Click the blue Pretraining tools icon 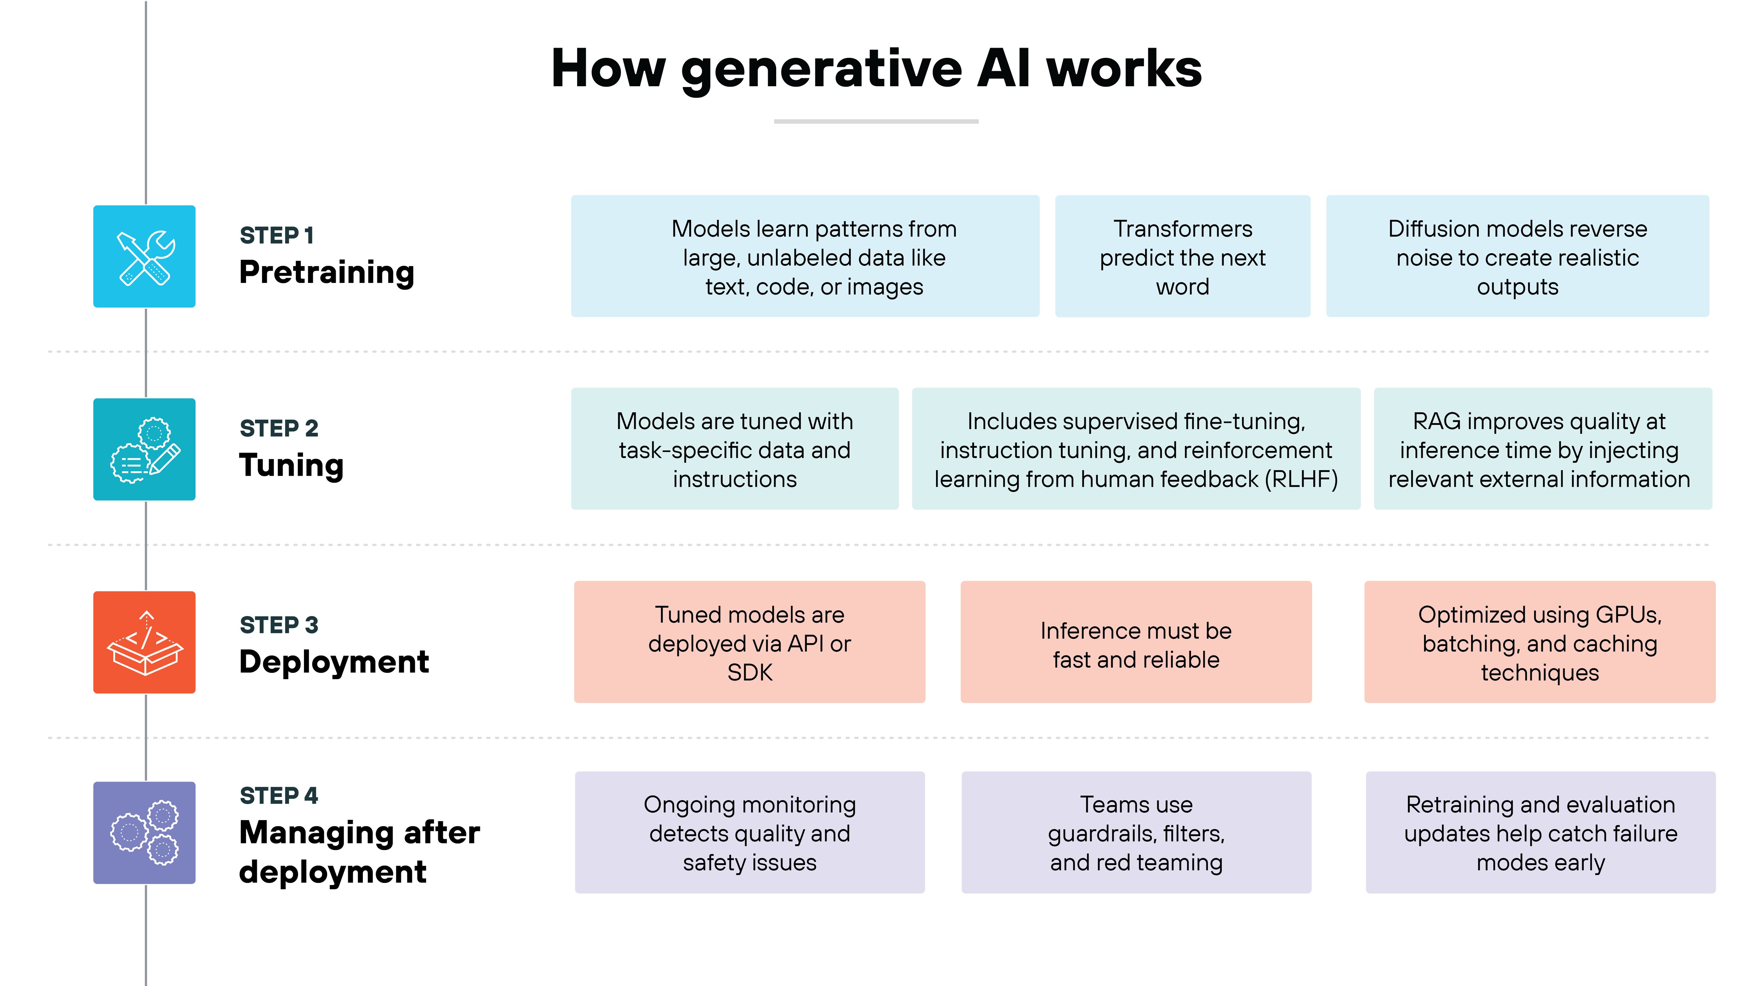(144, 257)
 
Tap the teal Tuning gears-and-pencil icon (144, 449)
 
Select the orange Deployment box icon (144, 642)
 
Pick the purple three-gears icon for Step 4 (144, 832)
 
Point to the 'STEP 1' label (276, 235)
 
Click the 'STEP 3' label (278, 625)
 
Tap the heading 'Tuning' (291, 465)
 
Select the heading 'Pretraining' (327, 272)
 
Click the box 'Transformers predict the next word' (1182, 257)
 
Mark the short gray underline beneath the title (876, 121)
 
